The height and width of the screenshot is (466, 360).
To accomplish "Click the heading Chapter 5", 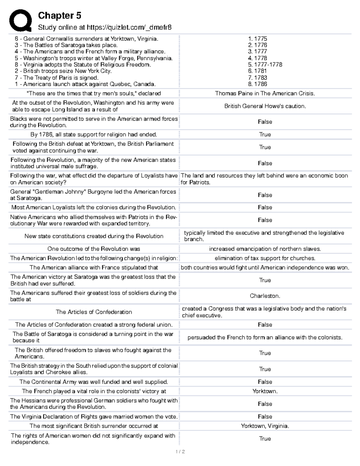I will pos(59,16).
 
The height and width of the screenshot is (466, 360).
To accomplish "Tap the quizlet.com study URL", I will pos(105,28).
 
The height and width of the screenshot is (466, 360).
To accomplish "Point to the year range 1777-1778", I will pos(265,65).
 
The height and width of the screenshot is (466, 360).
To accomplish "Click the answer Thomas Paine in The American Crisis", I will pos(265,93).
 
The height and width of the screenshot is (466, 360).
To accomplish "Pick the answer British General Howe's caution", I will pos(265,106).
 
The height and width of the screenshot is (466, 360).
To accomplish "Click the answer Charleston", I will pos(265,296).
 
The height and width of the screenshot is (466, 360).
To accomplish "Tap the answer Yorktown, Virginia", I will pos(265,426).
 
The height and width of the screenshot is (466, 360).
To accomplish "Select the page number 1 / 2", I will pos(180,452).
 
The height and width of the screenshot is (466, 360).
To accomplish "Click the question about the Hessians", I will pos(94,404).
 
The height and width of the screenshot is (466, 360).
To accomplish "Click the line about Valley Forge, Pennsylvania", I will pos(94,58).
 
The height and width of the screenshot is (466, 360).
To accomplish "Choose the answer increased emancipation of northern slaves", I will pos(265,249).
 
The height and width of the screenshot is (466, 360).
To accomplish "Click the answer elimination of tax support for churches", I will pos(265,258).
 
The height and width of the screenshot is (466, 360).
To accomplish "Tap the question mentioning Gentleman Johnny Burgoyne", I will pos(93,195).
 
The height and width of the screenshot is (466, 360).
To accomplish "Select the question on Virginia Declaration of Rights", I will pos(94,416).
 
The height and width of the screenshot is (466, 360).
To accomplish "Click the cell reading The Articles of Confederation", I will pos(94,312).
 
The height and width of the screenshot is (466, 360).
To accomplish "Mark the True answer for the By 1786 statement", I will pos(265,134).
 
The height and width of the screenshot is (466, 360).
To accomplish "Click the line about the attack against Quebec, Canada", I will pos(85,84).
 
